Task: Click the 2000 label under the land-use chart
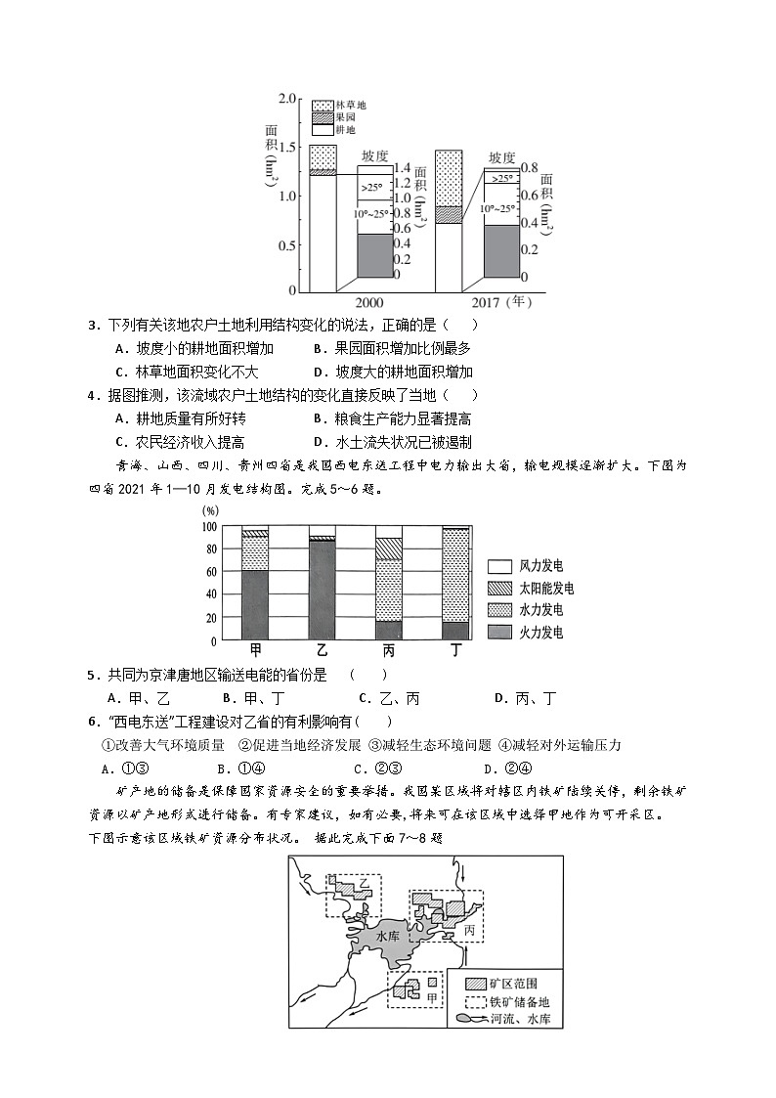coord(369,302)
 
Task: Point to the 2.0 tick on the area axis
coord(286,99)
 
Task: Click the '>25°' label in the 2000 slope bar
coord(371,188)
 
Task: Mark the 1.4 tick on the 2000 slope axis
coord(402,168)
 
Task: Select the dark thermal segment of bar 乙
coord(322,591)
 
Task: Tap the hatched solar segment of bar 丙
coord(388,549)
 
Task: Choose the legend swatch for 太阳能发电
coord(499,588)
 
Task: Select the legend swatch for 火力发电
coord(499,632)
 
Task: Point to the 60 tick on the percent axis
coord(208,572)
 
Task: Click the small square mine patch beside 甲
coord(430,982)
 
